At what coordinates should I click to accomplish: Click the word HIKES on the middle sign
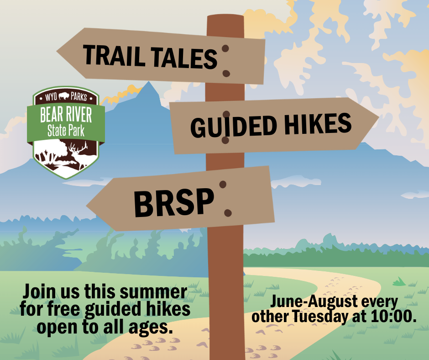click(318, 124)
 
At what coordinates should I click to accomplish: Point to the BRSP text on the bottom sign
click(174, 203)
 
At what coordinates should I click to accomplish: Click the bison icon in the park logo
click(64, 96)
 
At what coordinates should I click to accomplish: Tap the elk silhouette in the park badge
click(78, 155)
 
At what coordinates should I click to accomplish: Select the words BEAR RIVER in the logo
click(66, 115)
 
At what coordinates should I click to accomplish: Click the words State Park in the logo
click(66, 130)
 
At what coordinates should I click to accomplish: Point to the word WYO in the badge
click(51, 97)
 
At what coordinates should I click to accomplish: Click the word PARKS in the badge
click(79, 97)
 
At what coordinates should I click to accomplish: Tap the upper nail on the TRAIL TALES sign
click(225, 48)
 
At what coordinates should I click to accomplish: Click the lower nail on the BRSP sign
click(228, 213)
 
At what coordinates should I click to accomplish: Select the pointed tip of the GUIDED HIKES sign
click(379, 117)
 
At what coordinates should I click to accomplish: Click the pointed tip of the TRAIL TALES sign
click(57, 51)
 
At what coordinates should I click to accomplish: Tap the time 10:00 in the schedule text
click(394, 316)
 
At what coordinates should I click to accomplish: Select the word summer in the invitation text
click(153, 292)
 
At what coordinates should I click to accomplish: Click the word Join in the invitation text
click(40, 291)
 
